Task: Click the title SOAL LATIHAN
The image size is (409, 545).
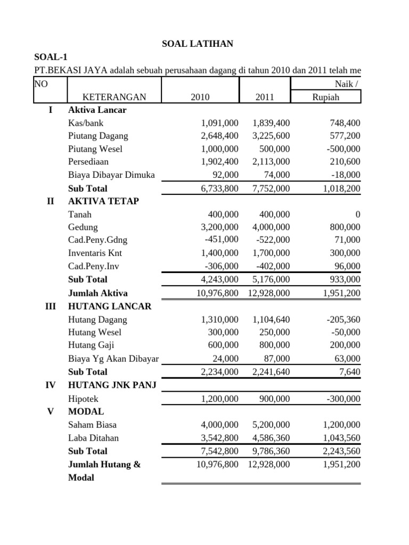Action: tap(198, 44)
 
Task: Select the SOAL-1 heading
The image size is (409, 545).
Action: tap(51, 57)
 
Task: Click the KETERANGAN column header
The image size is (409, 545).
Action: tap(114, 97)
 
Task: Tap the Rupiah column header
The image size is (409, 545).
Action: tap(325, 97)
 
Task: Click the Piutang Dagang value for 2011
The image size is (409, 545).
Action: tap(268, 136)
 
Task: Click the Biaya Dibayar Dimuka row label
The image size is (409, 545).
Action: tap(111, 175)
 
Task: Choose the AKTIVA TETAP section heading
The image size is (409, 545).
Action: tap(103, 201)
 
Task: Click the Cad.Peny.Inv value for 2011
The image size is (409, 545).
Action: tap(273, 266)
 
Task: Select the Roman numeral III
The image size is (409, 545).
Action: tap(51, 307)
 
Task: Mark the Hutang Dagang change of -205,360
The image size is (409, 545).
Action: tap(340, 320)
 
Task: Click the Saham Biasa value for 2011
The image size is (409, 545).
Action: tap(268, 425)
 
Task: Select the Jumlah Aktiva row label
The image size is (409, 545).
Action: tap(97, 293)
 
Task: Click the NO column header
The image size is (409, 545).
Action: tap(40, 84)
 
